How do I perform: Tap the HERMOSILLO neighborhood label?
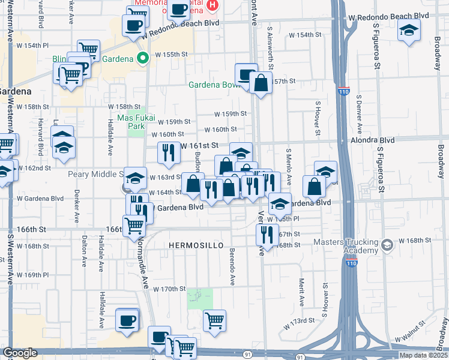[x=196, y=246]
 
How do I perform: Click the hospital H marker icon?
[x=211, y=5]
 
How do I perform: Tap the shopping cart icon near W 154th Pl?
[x=89, y=50]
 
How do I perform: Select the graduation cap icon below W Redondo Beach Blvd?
[x=409, y=30]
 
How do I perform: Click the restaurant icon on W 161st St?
[x=168, y=153]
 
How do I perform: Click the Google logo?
[x=20, y=353]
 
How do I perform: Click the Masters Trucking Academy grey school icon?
[x=387, y=244]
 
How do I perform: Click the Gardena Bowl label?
[x=214, y=85]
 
